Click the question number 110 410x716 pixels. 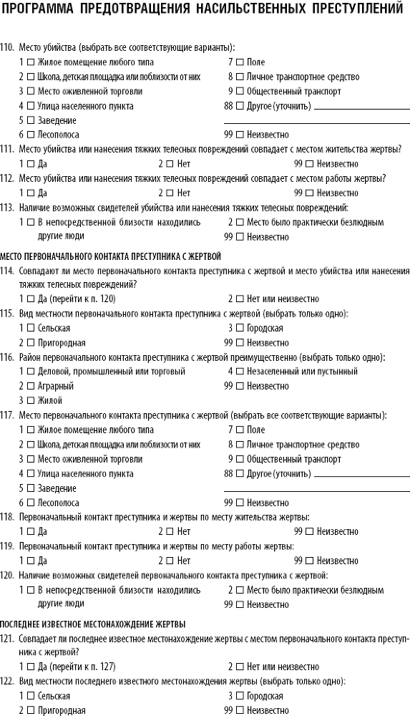tap(8, 48)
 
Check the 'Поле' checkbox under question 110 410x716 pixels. tap(240, 62)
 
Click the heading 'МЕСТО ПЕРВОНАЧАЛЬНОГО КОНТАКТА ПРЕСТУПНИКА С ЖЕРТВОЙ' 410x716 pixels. tap(111, 256)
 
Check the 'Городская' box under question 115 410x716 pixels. tap(240, 329)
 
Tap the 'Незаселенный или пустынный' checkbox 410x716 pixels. tap(240, 372)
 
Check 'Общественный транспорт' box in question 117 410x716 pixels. tap(240, 459)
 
